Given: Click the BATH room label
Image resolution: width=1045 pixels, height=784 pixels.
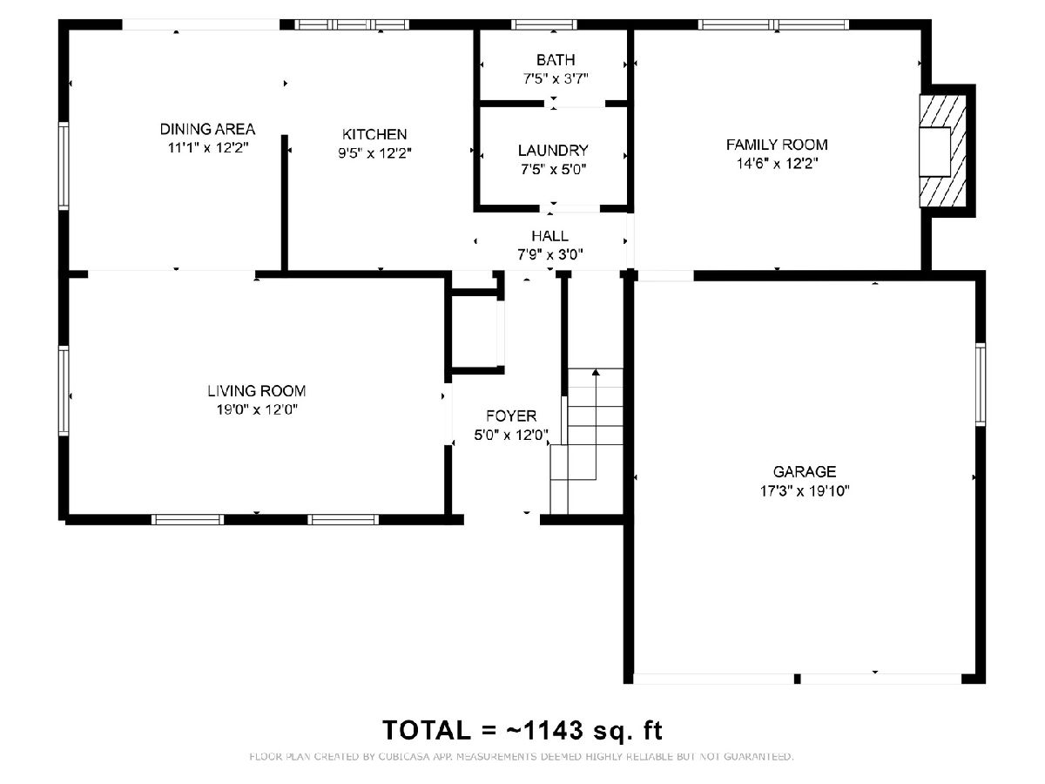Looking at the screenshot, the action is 555,60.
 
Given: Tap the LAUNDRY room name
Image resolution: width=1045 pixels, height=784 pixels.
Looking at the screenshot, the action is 553,151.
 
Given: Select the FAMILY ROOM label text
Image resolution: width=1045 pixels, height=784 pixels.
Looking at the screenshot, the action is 777,145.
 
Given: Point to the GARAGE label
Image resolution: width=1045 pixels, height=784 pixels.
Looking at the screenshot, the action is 804,471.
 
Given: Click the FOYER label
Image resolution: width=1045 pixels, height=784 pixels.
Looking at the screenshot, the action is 511,416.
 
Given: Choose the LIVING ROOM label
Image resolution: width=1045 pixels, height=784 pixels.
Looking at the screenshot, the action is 256,391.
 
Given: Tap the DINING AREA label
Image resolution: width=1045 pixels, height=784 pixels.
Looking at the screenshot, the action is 207,129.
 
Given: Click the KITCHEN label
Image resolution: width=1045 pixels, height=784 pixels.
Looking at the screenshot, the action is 374,134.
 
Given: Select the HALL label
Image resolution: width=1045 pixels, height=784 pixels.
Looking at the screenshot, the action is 549,235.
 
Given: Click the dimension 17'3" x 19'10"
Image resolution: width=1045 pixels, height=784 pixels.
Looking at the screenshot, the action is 804,490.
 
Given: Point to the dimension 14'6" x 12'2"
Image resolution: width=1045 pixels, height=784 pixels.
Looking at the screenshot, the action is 777,164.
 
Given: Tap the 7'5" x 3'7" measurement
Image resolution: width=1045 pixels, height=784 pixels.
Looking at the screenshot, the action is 556,79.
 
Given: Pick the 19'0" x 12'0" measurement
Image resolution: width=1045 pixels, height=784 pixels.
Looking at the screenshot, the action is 257,409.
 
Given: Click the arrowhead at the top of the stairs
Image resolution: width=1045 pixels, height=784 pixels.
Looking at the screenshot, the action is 596,372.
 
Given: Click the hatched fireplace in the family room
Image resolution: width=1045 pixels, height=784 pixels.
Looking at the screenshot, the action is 942,152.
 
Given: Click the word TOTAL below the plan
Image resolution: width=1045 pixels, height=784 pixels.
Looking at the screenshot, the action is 427,730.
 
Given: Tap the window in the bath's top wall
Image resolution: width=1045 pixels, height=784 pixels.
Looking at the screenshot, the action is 544,24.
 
